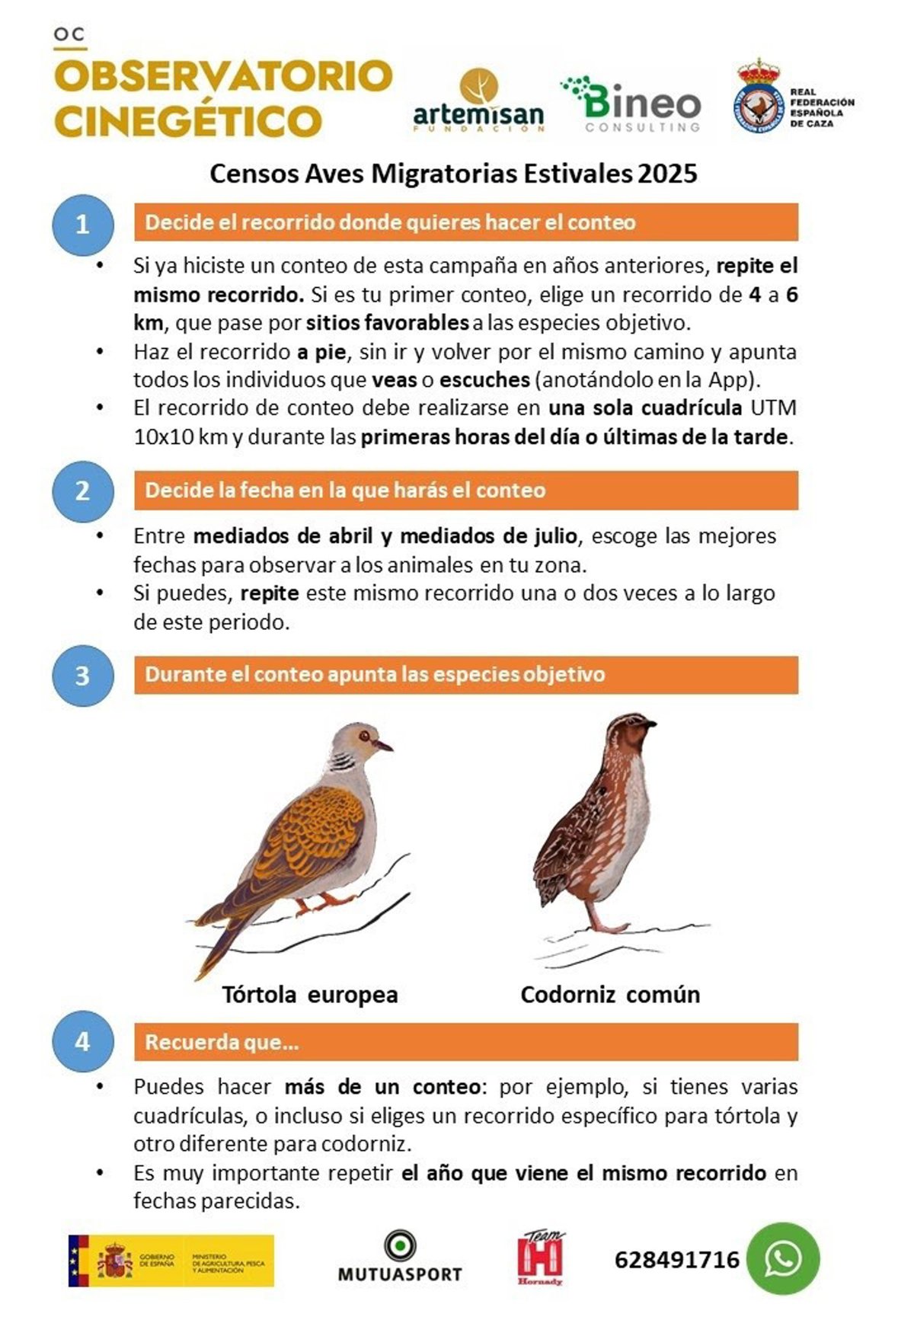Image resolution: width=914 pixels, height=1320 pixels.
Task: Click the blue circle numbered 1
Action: coord(82,224)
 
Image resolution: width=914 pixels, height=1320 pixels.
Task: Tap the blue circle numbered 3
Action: coord(82,676)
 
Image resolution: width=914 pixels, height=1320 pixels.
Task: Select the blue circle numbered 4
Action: coord(82,1041)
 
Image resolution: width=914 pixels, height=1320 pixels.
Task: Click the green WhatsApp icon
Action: coord(782,1258)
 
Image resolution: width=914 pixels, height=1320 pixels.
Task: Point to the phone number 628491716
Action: coord(676,1260)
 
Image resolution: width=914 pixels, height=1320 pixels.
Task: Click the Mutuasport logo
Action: coord(400,1258)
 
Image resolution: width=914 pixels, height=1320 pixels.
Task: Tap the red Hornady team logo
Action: coord(541,1258)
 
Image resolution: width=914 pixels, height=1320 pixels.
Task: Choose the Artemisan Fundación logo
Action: coord(478,101)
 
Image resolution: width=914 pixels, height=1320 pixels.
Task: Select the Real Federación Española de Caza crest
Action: coord(758,97)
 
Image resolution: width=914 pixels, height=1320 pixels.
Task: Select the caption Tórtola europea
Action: coord(310,994)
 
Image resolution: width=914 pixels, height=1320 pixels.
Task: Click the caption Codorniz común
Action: coord(609,994)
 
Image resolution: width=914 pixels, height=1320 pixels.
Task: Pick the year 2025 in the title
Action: coord(667,174)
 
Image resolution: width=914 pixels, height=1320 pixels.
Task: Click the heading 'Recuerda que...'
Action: coord(222,1041)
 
